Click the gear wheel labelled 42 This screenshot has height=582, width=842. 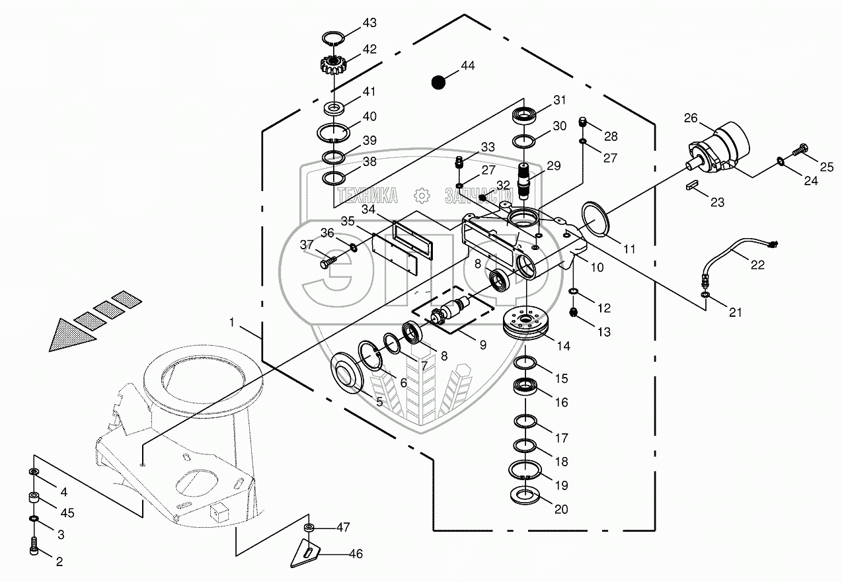pos(334,65)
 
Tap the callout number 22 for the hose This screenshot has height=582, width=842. pos(757,265)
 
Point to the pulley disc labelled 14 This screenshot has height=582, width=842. pos(526,325)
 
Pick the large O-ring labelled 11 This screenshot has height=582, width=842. pos(597,220)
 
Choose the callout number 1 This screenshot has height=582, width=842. pos(232,322)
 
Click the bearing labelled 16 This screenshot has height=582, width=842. pos(527,388)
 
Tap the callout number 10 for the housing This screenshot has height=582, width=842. pos(597,268)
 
